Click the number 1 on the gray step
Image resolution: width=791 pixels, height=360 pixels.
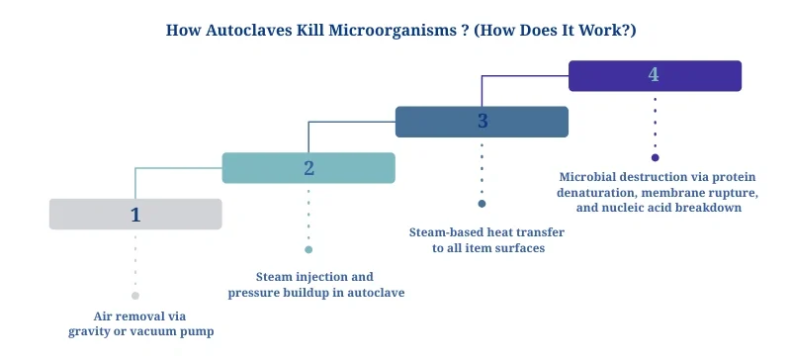pos(135,214)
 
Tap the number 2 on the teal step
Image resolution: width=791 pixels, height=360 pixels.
pos(308,168)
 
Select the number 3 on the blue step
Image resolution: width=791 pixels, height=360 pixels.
pos(482,122)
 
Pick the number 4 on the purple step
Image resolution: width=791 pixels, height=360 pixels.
pos(654,75)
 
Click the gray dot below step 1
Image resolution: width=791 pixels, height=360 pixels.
pos(135,296)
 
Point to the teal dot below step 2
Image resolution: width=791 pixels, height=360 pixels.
pos(308,250)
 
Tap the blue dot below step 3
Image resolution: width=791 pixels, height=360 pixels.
pos(482,204)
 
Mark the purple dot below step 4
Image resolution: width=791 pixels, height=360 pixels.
pos(655,157)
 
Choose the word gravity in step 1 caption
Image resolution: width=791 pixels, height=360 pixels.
pos(89,331)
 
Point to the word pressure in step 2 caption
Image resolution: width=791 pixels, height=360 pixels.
pos(252,293)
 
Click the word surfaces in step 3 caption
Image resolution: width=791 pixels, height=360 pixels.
pos(519,247)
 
